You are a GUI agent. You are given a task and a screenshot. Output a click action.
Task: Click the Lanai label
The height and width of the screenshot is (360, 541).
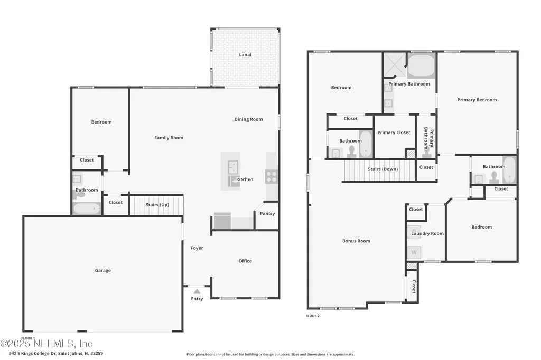pyautogui.click(x=245, y=55)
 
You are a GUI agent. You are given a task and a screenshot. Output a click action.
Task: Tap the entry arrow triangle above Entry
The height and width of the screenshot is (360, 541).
pyautogui.click(x=197, y=290)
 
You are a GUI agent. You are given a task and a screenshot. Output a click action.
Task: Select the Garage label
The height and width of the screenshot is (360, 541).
pyautogui.click(x=103, y=271)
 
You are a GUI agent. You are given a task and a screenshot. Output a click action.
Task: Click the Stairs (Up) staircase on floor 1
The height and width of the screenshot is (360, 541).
pyautogui.click(x=156, y=205)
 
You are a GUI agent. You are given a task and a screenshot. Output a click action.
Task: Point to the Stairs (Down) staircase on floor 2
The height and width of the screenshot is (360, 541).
pyautogui.click(x=379, y=170)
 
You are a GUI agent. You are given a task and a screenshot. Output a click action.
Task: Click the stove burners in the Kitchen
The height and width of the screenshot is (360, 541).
pyautogui.click(x=272, y=176)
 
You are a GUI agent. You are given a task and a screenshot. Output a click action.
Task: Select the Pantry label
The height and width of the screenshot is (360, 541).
pyautogui.click(x=267, y=214)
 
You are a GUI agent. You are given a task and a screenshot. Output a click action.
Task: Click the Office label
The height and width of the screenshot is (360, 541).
pyautogui.click(x=245, y=261)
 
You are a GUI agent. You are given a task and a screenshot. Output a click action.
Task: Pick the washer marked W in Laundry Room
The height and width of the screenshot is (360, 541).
pyautogui.click(x=414, y=252)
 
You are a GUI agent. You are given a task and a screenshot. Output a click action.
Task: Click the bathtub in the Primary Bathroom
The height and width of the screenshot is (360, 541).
pyautogui.click(x=421, y=67)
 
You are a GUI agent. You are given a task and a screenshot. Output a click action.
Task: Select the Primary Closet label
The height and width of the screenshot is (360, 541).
pyautogui.click(x=394, y=132)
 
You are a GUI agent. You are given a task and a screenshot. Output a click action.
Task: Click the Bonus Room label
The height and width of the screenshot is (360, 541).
pyautogui.click(x=356, y=241)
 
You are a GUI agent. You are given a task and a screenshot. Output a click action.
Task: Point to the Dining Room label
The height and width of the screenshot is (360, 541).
pyautogui.click(x=248, y=119)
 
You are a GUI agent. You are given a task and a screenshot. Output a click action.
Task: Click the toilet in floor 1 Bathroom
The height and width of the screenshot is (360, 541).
pyautogui.click(x=79, y=194)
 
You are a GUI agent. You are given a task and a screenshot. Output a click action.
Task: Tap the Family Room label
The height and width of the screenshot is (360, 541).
pyautogui.click(x=169, y=138)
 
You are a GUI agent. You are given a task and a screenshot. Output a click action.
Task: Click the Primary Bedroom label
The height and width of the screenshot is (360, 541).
pyautogui.click(x=477, y=100)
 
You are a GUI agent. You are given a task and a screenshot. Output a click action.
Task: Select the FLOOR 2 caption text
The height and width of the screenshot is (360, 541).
pyautogui.click(x=313, y=316)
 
